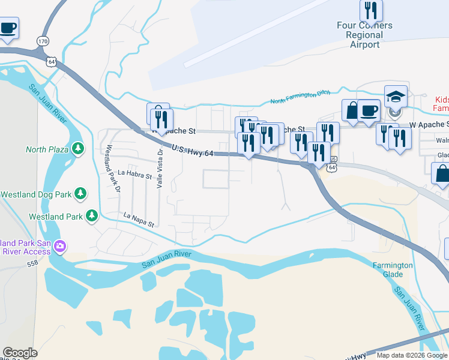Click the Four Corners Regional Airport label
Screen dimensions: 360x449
[x=364, y=35]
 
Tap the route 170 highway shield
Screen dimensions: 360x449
[x=42, y=41]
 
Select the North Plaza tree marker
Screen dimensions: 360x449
[x=77, y=149]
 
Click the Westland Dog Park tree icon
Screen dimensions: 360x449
[x=79, y=194]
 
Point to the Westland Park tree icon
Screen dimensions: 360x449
[x=91, y=215]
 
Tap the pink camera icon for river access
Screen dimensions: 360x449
[x=60, y=246]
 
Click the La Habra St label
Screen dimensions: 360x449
[x=134, y=173]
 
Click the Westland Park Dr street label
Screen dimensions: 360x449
[x=113, y=169]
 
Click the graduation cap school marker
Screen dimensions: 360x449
[x=396, y=97]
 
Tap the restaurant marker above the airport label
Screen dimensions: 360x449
[x=371, y=10]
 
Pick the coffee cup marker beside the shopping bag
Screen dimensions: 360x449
[x=369, y=110]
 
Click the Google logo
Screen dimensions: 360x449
[x=20, y=353]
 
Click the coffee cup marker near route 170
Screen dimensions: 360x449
[x=8, y=28]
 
